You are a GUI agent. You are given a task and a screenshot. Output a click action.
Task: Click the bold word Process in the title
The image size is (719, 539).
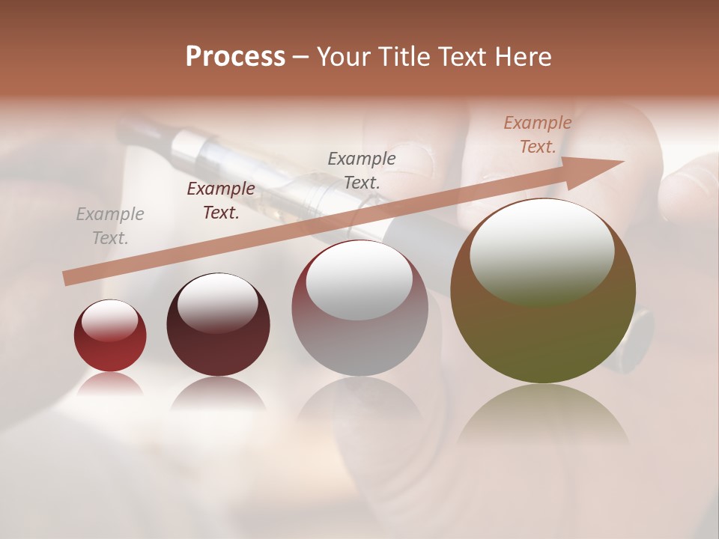pos(235,57)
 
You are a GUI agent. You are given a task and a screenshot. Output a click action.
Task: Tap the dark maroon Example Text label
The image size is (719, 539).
pos(221,201)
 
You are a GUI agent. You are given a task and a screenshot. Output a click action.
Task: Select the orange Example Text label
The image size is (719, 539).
pos(538,135)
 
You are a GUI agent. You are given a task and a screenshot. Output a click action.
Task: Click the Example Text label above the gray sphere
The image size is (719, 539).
pos(362,170)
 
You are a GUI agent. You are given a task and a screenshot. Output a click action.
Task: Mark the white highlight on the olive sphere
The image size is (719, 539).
pos(541,251)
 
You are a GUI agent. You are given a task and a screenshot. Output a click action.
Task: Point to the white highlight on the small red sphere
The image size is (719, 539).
pos(110,320)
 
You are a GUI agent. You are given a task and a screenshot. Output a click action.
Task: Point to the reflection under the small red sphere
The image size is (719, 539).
pos(110,384)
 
